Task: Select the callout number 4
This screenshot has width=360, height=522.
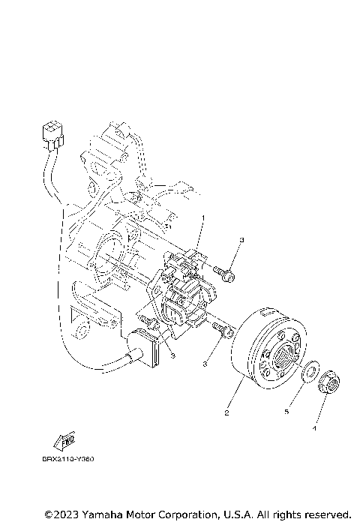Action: (314, 429)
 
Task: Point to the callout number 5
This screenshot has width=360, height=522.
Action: (285, 412)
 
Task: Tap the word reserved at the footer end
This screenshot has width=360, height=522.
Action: (326, 514)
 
